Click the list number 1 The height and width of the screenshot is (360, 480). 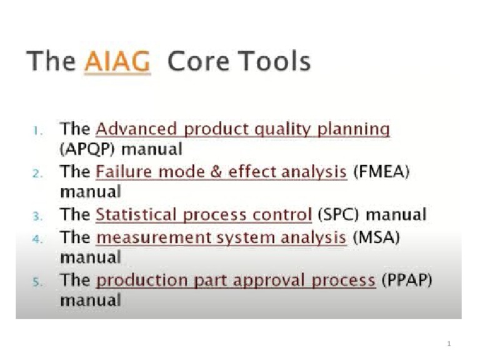click(x=38, y=131)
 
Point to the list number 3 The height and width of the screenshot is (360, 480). click(x=38, y=216)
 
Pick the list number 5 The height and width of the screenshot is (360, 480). click(x=38, y=281)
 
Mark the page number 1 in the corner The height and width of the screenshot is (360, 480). click(x=449, y=344)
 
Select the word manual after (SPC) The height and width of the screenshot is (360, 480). click(x=396, y=214)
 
